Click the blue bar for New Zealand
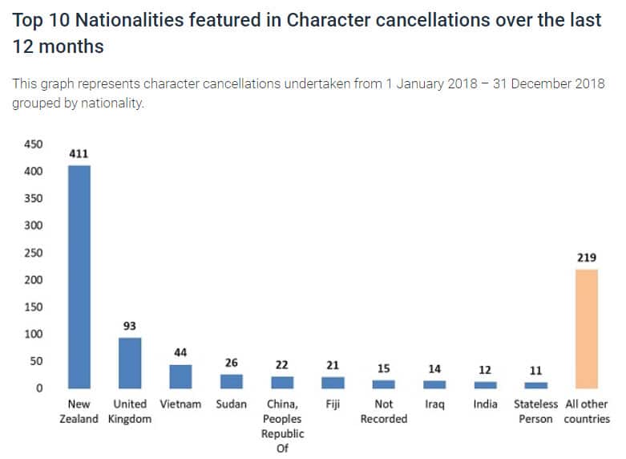79,277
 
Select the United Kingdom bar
130,363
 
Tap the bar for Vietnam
180,376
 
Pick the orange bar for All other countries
587,329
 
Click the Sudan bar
232,381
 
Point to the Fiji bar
333,383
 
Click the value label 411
79,153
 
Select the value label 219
587,258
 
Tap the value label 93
130,326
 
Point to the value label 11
535,371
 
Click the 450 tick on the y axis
32,144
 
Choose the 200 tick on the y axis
32,280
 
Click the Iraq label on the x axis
434,404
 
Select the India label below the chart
485,404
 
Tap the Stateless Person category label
535,412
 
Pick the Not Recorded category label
384,412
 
